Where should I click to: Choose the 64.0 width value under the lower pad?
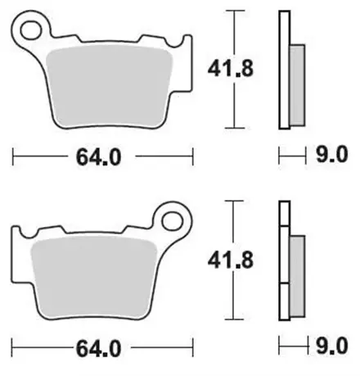click(103, 347)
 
